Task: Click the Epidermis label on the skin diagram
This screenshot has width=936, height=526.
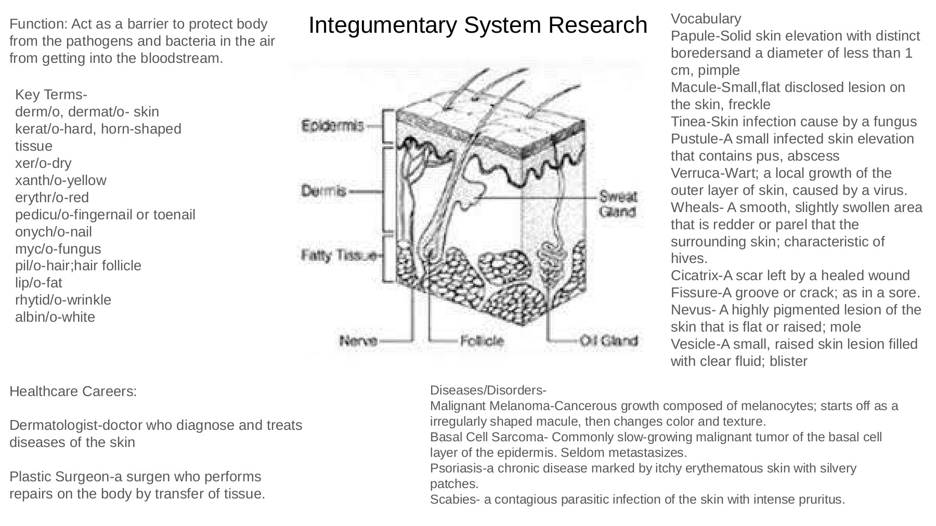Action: point(333,126)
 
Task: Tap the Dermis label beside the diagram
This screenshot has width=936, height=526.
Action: point(323,191)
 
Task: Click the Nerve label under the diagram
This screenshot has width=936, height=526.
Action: point(358,341)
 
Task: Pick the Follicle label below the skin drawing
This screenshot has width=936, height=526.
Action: point(482,341)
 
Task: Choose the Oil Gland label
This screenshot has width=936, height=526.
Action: point(608,341)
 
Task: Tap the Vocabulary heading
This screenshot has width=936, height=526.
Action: point(706,19)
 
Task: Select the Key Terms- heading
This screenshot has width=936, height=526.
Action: point(51,95)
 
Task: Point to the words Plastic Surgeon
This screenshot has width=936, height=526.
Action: point(57,477)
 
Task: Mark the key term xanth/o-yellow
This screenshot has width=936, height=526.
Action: point(60,180)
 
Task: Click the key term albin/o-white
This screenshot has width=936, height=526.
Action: point(55,317)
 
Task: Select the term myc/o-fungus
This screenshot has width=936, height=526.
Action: point(58,249)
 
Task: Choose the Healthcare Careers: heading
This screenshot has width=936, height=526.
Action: point(73,391)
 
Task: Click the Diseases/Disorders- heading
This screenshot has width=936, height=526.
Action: point(488,390)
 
